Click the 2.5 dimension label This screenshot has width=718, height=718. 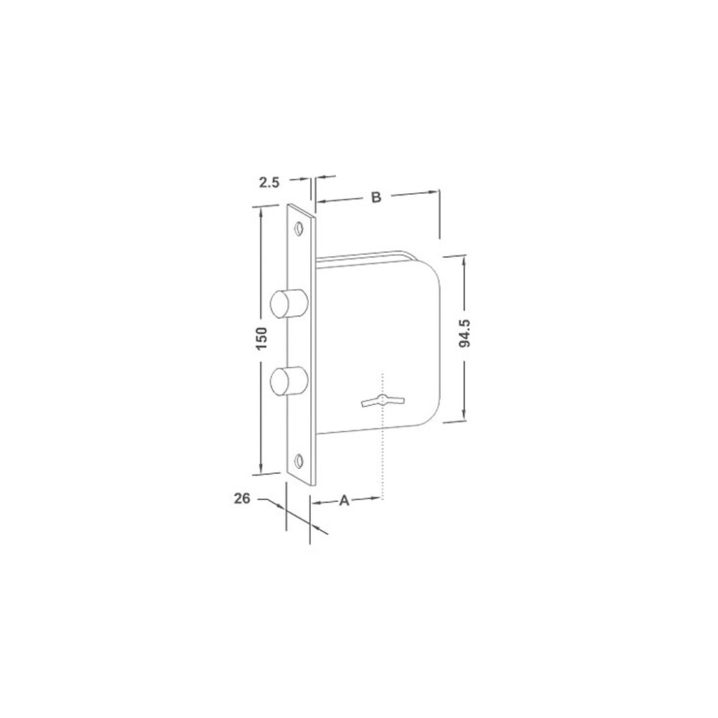(x=269, y=182)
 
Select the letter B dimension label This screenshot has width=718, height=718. (x=376, y=197)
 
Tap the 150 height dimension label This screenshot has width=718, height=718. (x=261, y=339)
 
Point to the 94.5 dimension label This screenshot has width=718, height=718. (x=465, y=333)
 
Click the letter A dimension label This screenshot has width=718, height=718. (x=344, y=500)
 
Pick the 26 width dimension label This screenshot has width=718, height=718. (x=242, y=498)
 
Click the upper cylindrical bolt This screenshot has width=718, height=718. (x=289, y=304)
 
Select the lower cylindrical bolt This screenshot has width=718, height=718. (x=289, y=381)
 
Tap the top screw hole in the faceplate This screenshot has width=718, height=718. (x=299, y=228)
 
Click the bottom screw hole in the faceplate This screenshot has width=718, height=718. (x=299, y=461)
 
